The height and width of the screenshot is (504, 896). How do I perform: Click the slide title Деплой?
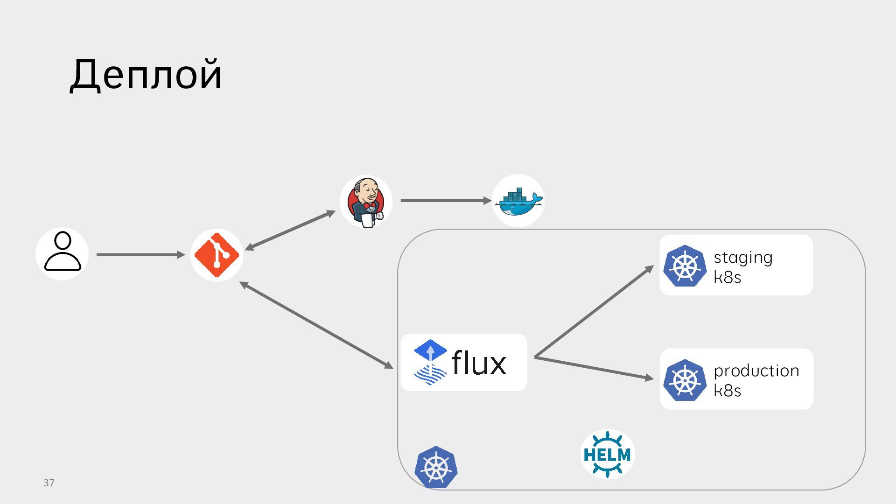click(146, 75)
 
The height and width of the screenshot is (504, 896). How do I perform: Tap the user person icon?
click(63, 253)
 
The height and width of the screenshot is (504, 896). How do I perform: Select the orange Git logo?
click(217, 255)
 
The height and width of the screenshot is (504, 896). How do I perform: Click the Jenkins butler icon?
click(366, 202)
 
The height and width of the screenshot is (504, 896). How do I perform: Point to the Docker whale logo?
click(518, 201)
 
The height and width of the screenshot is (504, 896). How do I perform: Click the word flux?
click(479, 363)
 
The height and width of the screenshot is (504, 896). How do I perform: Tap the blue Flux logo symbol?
click(430, 362)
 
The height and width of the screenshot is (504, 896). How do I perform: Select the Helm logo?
click(607, 454)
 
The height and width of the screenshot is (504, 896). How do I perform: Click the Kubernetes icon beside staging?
click(685, 266)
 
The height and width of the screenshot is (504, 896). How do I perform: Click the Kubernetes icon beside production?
click(685, 379)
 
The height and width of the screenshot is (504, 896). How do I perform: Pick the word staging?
click(743, 258)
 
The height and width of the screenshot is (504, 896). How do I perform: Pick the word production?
click(756, 371)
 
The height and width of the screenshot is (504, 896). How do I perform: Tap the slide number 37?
click(49, 483)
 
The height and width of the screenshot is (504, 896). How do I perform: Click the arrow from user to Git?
click(140, 255)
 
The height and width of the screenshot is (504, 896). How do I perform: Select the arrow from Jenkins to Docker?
click(446, 201)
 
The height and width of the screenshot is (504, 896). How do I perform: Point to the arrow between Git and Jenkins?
click(290, 231)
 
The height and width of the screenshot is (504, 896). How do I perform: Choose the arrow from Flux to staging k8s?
click(594, 312)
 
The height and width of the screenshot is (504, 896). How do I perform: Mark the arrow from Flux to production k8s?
click(594, 368)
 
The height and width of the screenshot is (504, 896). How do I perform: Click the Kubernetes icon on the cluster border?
click(436, 467)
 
